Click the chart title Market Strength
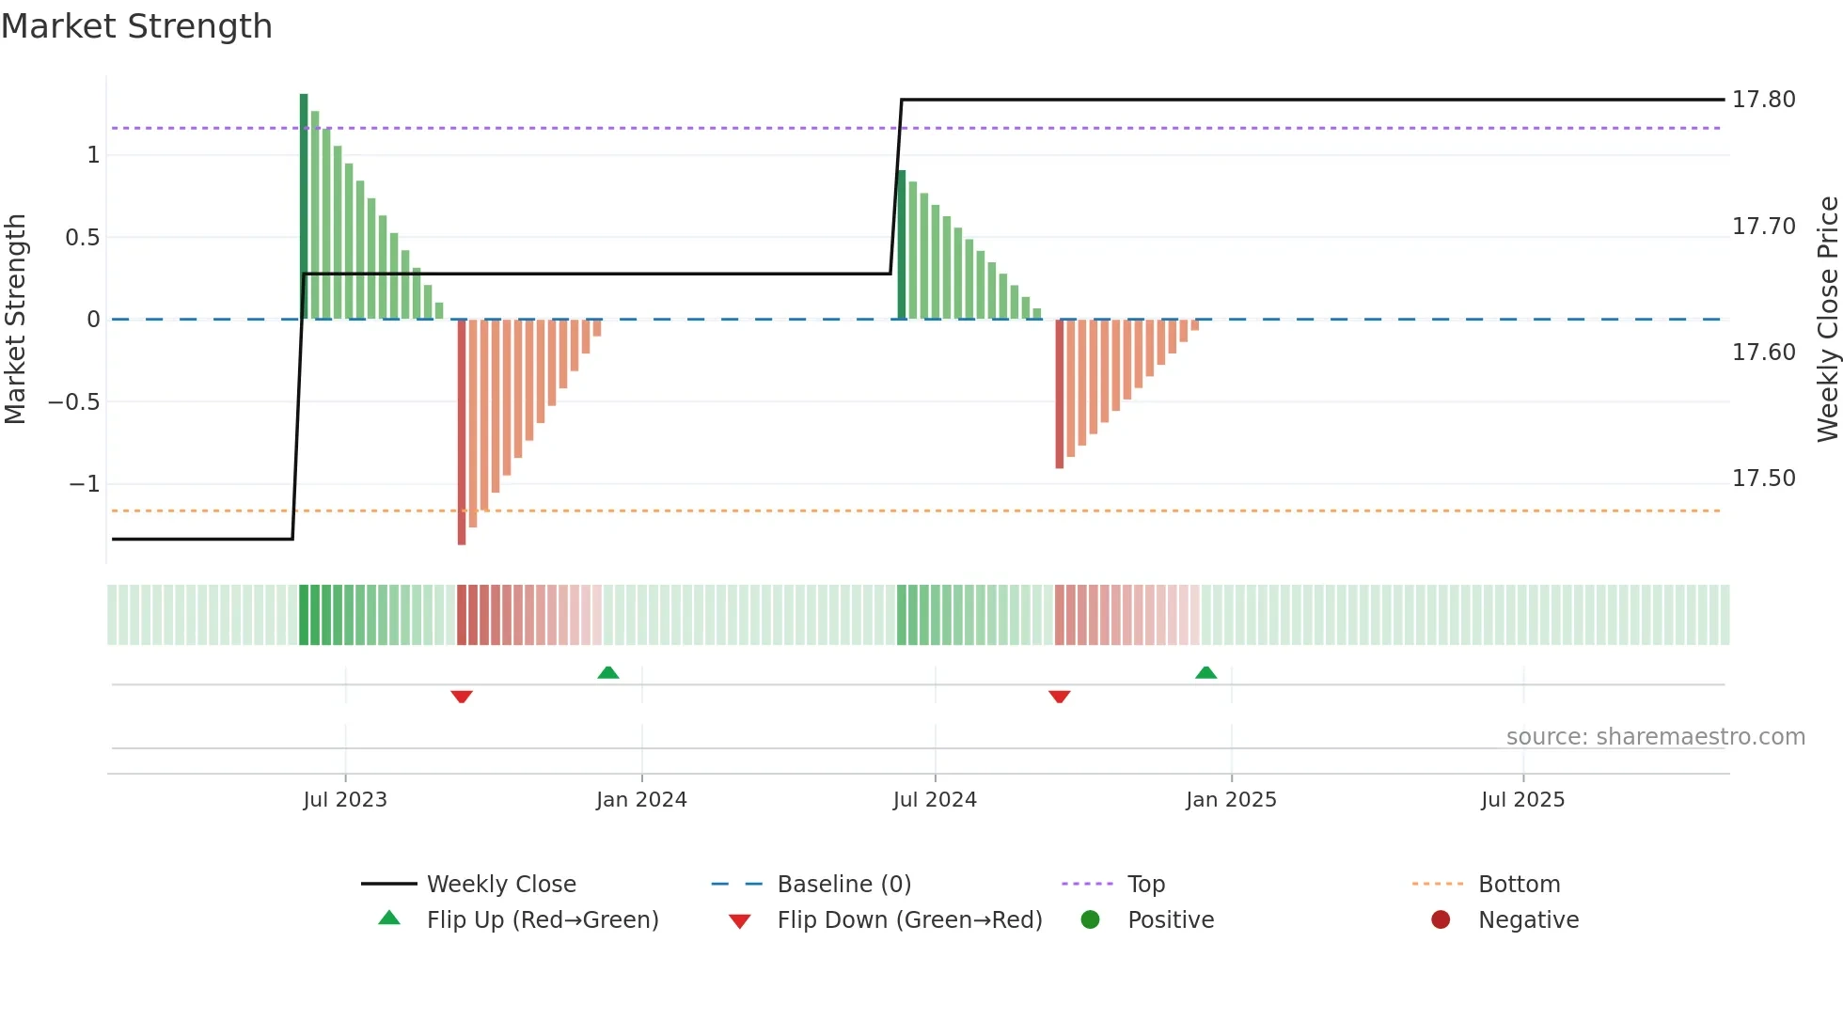click(136, 26)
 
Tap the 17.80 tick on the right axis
click(1763, 100)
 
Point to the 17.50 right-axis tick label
click(1763, 479)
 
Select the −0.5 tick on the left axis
click(74, 402)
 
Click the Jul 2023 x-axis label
click(345, 800)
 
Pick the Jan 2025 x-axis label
click(1231, 800)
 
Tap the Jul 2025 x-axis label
click(1522, 800)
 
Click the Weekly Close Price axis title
click(1827, 320)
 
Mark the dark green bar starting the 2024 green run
click(902, 244)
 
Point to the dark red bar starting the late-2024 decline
click(1060, 395)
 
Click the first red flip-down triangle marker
click(462, 697)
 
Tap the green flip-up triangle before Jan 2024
click(608, 672)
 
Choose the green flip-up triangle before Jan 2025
click(1205, 672)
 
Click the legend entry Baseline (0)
click(843, 885)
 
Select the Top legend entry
click(1145, 885)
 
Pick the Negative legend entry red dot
click(1441, 920)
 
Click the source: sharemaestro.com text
click(1655, 737)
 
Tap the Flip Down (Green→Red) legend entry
click(908, 920)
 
